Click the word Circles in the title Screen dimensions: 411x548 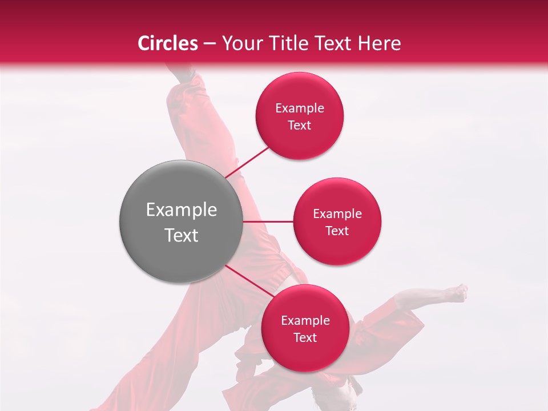pyautogui.click(x=168, y=43)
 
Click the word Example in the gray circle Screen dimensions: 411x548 pyautogui.click(x=182, y=210)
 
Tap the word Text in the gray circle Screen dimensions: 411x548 pyautogui.click(x=182, y=235)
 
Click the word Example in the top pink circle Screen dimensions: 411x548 pyautogui.click(x=300, y=108)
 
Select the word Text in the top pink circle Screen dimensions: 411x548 pyautogui.click(x=300, y=125)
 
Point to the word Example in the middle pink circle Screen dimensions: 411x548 pyautogui.click(x=337, y=214)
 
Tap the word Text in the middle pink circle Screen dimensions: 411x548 pyautogui.click(x=337, y=231)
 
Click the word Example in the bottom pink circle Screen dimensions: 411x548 pyautogui.click(x=305, y=321)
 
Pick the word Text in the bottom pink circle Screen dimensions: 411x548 pyautogui.click(x=305, y=337)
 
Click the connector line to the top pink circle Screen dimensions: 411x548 pyautogui.click(x=248, y=161)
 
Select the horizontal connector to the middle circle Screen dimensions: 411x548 pyautogui.click(x=268, y=221)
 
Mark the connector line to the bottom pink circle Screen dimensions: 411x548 pyautogui.click(x=249, y=281)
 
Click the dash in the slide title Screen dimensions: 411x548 pyautogui.click(x=209, y=44)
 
